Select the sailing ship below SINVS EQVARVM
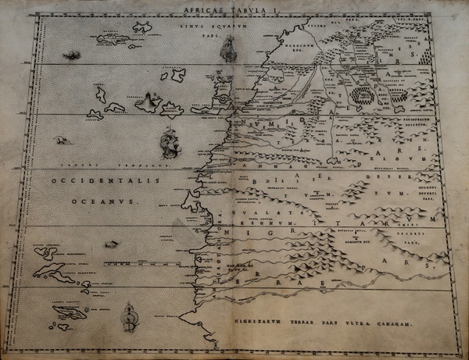coord(227,49)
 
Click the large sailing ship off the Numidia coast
coord(170,143)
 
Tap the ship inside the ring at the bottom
coord(130,317)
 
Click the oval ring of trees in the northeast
coord(362,96)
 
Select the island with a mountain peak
coord(148,101)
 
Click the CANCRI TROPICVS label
coord(102,166)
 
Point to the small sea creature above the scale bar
coord(61,141)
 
